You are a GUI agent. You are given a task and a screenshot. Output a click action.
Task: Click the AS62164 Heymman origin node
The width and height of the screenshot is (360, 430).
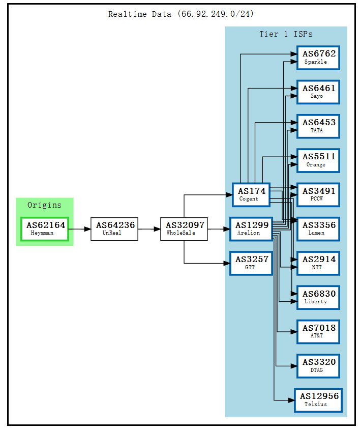click(x=45, y=228)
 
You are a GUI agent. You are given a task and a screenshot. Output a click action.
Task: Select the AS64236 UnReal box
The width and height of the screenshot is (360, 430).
click(x=114, y=228)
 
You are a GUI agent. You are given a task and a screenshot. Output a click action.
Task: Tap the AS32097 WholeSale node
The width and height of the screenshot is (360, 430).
click(x=184, y=228)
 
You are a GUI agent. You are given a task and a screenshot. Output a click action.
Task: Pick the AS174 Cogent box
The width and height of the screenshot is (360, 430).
click(x=251, y=194)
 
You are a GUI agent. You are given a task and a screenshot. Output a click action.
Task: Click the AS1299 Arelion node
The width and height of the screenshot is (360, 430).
click(x=251, y=228)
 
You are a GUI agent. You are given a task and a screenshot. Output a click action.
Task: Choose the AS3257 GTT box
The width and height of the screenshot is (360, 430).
click(x=251, y=263)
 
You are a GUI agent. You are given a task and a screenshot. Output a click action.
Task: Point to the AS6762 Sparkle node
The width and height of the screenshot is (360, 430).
click(x=318, y=57)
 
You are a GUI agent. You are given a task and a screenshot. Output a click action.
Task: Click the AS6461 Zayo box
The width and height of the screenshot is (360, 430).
click(x=318, y=92)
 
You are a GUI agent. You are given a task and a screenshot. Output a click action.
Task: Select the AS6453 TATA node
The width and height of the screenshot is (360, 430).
click(x=318, y=126)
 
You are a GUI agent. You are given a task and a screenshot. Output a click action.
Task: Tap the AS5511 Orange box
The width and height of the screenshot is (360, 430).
click(x=318, y=160)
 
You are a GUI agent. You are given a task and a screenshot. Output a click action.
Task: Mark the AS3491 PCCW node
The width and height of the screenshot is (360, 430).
click(x=318, y=194)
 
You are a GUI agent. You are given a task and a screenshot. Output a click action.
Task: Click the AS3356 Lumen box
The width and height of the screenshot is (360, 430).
click(x=318, y=228)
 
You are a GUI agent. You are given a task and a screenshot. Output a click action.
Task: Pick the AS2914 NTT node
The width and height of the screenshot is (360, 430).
click(x=318, y=263)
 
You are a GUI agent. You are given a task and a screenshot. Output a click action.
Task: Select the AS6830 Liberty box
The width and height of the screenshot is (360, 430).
click(x=318, y=297)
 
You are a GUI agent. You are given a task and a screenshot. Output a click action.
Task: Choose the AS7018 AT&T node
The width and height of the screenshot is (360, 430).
click(x=318, y=331)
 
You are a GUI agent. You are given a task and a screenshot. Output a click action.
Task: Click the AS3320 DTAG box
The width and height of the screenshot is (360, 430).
click(x=318, y=366)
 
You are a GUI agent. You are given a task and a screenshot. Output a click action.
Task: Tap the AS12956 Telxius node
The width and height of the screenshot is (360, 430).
click(x=318, y=400)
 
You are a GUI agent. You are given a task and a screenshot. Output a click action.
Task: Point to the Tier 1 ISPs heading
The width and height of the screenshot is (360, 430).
click(x=286, y=34)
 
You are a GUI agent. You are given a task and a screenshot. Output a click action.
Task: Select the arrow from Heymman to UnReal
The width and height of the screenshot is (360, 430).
click(x=79, y=228)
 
